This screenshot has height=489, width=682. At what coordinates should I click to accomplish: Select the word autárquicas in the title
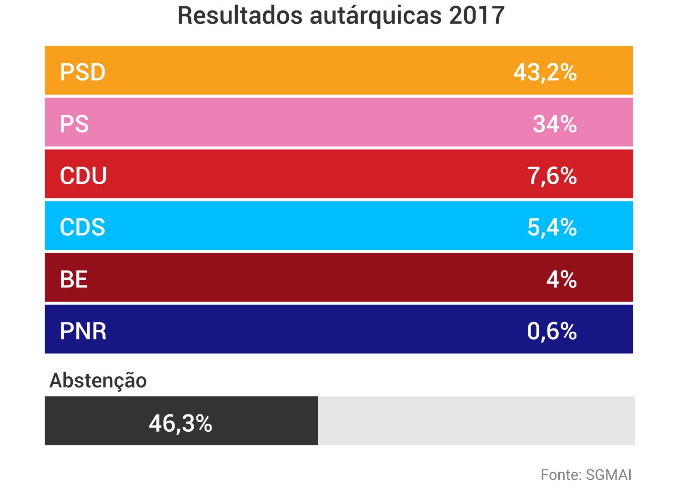[376, 15]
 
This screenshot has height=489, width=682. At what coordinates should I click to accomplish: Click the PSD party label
[83, 72]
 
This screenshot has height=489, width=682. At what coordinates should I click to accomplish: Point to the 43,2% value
[545, 72]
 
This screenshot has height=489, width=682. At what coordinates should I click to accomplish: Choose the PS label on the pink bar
[74, 124]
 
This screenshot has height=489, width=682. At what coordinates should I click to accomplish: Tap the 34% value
[555, 124]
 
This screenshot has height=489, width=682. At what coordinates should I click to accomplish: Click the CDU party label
[83, 176]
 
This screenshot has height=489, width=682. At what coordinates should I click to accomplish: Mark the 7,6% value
[552, 176]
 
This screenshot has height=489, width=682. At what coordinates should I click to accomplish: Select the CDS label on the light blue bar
[82, 227]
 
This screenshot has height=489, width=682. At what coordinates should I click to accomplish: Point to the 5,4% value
[552, 227]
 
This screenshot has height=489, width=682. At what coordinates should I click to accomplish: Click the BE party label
[74, 279]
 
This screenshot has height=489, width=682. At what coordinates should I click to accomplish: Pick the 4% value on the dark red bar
[562, 279]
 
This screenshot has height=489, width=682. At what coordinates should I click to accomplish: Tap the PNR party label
[83, 331]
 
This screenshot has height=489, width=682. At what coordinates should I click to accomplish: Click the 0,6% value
[552, 331]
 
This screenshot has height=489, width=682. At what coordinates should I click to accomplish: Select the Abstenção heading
[98, 380]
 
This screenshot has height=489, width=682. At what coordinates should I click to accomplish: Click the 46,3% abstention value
[181, 423]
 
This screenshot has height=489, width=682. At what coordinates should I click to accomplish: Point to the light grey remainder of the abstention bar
[476, 421]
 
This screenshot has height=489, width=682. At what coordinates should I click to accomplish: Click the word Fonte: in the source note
[561, 475]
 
